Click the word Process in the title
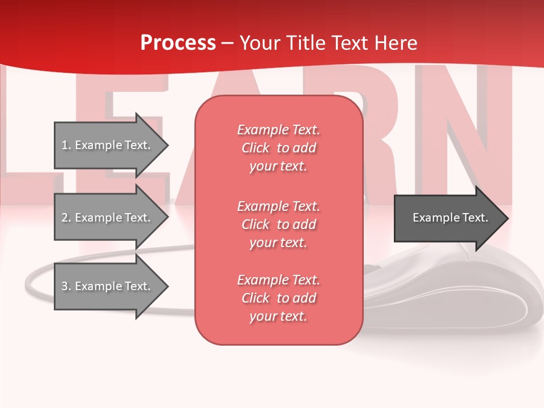pyautogui.click(x=178, y=43)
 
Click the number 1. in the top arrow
pyautogui.click(x=66, y=145)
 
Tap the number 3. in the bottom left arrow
pyautogui.click(x=66, y=286)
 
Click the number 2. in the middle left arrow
pyautogui.click(x=66, y=218)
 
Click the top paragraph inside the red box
pyautogui.click(x=278, y=148)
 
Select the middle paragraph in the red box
pyautogui.click(x=278, y=224)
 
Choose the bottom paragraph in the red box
pyautogui.click(x=278, y=298)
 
